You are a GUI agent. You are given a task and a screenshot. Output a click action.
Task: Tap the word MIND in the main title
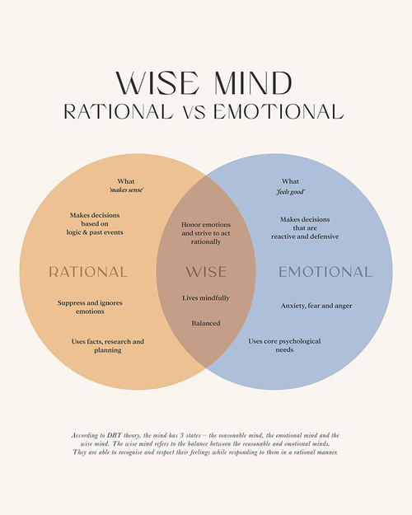coord(250,84)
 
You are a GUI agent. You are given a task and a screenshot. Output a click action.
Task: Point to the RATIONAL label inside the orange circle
coord(88,271)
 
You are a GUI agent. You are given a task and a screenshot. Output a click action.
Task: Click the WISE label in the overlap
coord(206,271)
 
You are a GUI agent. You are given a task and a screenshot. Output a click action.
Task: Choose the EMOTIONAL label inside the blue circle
coord(325,271)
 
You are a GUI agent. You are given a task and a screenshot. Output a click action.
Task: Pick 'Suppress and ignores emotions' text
coord(91,307)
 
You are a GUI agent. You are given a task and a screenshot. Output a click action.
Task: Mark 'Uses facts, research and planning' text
coord(107,345)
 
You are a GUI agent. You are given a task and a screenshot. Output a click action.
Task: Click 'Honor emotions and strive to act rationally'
coord(206,233)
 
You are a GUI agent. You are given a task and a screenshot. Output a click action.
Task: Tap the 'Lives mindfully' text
coord(206,297)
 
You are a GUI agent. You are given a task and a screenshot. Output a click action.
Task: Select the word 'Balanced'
coord(206,323)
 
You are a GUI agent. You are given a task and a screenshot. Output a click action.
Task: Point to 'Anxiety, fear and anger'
coord(316,306)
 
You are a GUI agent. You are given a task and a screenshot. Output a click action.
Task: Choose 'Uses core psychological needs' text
coord(284,344)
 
